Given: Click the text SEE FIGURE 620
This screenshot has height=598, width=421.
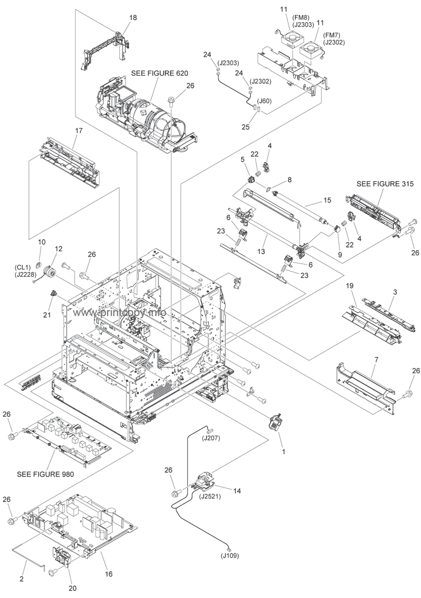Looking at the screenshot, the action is (160, 72).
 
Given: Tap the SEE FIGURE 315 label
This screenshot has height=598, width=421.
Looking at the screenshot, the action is (385, 184).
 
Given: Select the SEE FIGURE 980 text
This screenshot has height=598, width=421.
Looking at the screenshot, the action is (45, 474).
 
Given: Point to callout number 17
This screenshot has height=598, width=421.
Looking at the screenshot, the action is (79, 130).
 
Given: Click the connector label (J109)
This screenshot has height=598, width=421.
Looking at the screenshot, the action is (230, 556).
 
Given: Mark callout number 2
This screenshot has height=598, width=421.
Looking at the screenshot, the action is (21, 579).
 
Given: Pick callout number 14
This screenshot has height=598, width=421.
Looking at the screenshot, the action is (237, 491).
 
